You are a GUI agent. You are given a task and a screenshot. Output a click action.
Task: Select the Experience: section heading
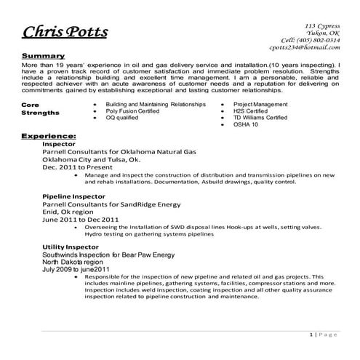click(49, 136)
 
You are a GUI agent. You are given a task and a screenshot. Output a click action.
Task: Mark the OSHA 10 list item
click(246, 125)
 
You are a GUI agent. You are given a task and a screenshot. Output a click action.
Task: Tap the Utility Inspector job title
click(70, 248)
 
